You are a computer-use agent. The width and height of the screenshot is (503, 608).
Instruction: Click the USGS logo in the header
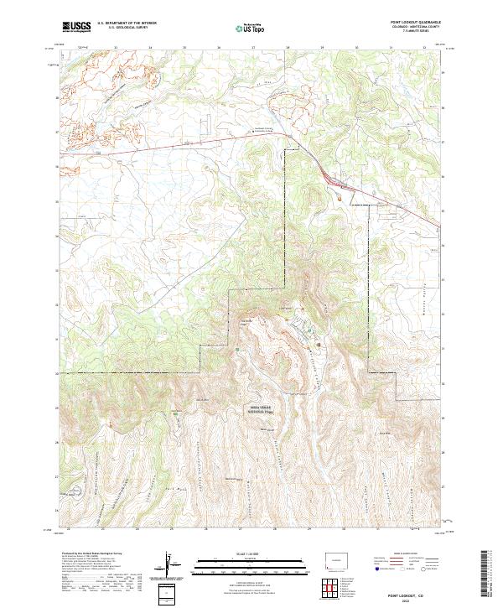[76, 27]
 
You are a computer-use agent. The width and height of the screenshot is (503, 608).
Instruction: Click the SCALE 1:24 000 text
[241, 554]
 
